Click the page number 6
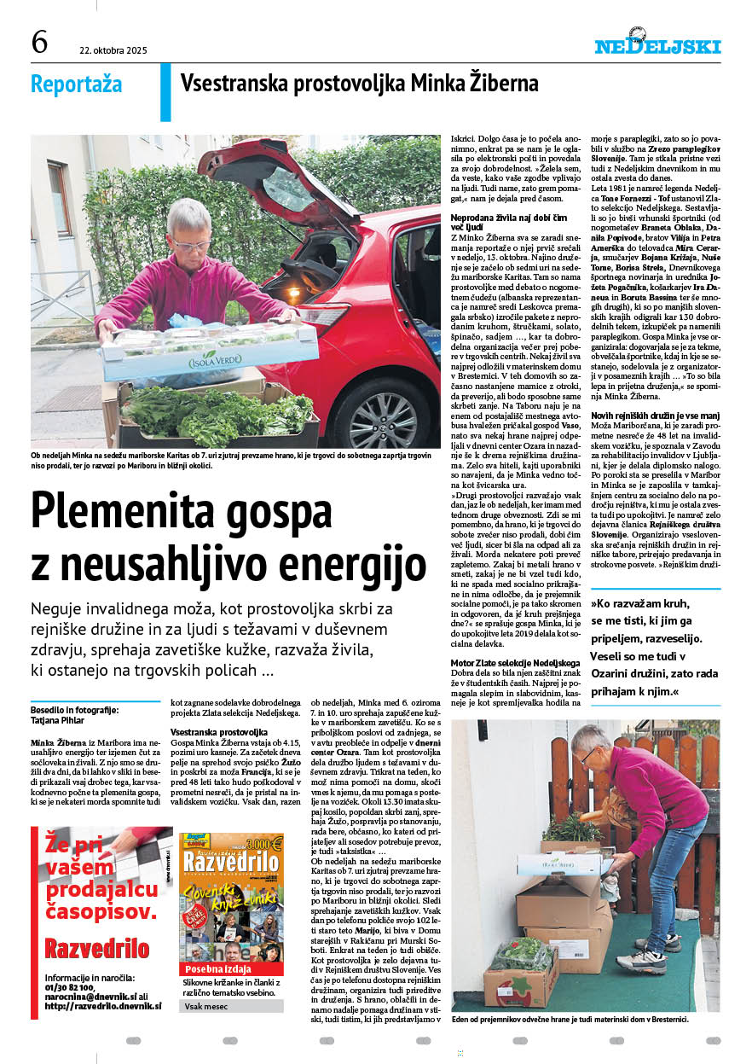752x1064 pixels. pyautogui.click(x=39, y=42)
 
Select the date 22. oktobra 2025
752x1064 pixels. pyautogui.click(x=113, y=50)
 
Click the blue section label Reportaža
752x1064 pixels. pyautogui.click(x=76, y=84)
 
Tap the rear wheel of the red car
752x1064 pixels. pyautogui.click(x=383, y=416)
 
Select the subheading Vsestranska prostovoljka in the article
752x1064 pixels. pyautogui.click(x=220, y=732)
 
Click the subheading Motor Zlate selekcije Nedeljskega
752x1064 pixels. pyautogui.click(x=515, y=663)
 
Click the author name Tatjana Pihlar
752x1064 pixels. pyautogui.click(x=57, y=719)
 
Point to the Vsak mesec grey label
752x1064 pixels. pyautogui.click(x=205, y=1007)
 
